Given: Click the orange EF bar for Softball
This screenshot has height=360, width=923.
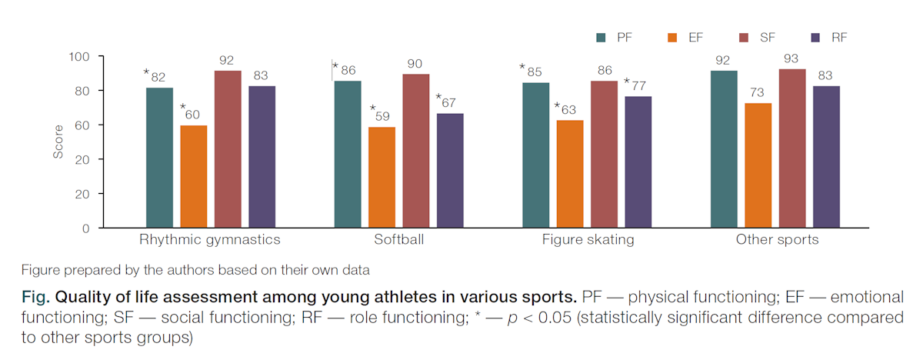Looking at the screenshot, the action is click(x=382, y=177).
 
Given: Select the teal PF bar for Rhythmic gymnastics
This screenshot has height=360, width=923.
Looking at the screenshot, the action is click(x=159, y=158).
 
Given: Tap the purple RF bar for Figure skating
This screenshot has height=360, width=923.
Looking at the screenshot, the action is click(x=638, y=162).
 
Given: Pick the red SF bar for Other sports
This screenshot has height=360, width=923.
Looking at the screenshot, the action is click(x=792, y=148).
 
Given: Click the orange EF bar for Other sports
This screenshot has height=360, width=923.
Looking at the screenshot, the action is click(x=758, y=165).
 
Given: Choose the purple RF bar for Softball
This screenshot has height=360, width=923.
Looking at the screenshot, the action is click(x=450, y=171).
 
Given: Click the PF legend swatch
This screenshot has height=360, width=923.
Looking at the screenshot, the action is click(x=601, y=38).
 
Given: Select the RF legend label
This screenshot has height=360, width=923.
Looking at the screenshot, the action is click(x=839, y=38).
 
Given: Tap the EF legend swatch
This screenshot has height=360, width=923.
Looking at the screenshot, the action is click(x=672, y=38).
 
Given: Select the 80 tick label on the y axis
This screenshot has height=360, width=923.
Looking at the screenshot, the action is click(x=82, y=91).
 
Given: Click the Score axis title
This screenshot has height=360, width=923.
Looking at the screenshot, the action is click(x=58, y=142).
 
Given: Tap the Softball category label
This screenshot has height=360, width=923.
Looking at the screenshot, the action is click(x=398, y=239).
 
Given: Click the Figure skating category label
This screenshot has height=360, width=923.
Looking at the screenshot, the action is click(x=588, y=240).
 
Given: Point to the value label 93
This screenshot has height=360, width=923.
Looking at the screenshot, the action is click(x=791, y=58).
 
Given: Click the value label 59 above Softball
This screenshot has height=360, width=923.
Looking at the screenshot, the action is click(x=382, y=116).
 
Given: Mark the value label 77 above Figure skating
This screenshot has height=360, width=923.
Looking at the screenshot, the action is click(x=638, y=85).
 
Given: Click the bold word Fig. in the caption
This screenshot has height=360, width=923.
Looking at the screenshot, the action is click(x=35, y=297).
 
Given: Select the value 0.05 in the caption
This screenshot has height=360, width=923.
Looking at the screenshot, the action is click(x=555, y=317).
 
